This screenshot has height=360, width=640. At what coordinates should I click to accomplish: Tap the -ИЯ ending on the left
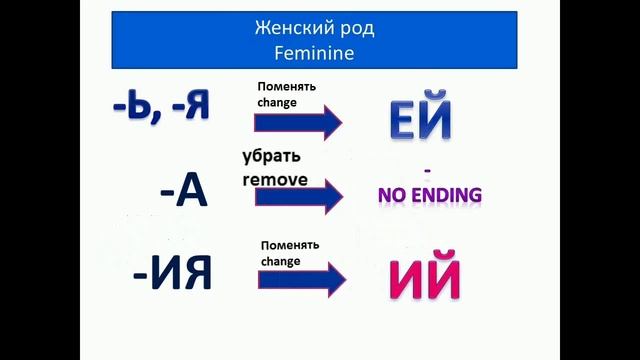pos(171,272)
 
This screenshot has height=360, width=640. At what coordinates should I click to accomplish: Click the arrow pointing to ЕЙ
pos(298,122)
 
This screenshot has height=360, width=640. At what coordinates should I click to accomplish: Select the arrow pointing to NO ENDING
pos(298,196)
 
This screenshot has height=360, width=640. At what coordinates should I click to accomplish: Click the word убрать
pos(271,158)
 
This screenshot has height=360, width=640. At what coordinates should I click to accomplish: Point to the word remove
pos(275,180)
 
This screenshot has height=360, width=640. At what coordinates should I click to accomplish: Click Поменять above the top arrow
pos(287,86)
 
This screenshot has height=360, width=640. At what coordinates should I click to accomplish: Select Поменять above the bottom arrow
pos(289,245)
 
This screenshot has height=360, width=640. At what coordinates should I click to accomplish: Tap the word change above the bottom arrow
pos(281,260)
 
